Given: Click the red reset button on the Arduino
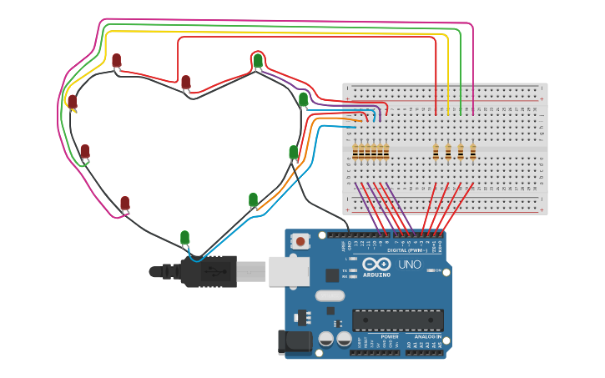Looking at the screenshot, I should (300, 241).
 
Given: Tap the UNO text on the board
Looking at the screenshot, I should (410, 265).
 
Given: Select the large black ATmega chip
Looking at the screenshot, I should (397, 320).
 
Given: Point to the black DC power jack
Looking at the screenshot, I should (294, 341).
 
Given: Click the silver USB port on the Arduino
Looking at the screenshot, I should (289, 271).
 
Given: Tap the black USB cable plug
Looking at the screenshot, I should (209, 271).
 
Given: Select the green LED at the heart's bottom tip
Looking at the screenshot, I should (184, 238).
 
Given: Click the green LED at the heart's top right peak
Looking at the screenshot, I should (258, 61).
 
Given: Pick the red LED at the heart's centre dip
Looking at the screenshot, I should (185, 82).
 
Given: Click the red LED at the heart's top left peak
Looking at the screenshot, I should (116, 60).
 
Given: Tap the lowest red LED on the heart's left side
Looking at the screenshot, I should (124, 203).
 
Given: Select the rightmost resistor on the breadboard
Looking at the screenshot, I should (472, 151).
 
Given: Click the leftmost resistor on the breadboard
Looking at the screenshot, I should (355, 151).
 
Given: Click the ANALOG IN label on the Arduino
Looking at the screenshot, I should (428, 336).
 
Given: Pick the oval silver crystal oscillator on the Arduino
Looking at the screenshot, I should (330, 295).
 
